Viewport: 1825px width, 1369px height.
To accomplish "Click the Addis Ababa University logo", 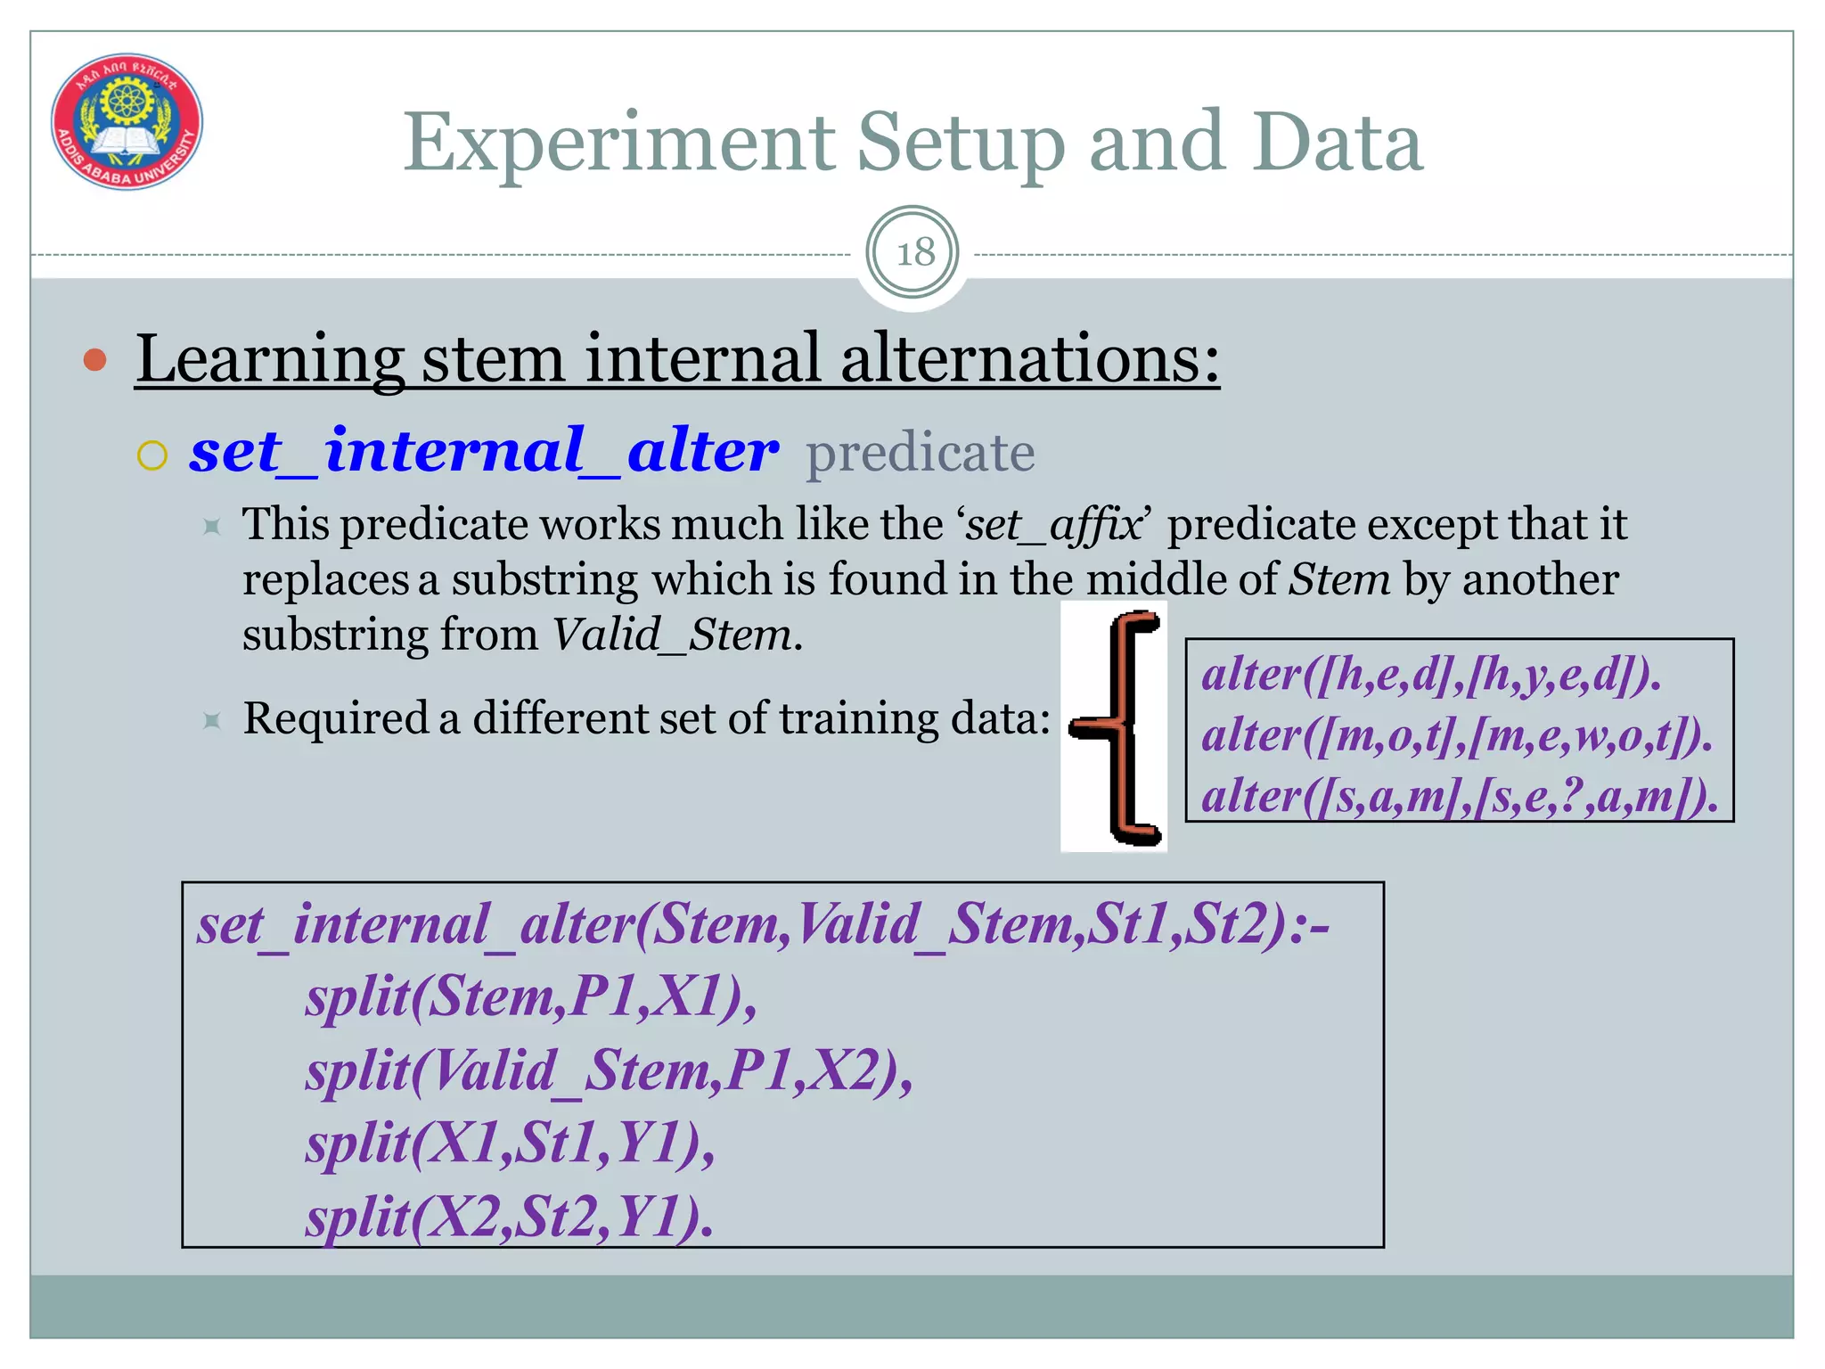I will point(127,121).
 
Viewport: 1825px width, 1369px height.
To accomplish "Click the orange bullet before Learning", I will point(94,360).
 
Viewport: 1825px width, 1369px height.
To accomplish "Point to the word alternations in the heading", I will point(1029,358).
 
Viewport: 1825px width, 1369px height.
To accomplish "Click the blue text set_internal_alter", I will point(484,451).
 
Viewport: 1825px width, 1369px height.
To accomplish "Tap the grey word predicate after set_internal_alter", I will point(920,453).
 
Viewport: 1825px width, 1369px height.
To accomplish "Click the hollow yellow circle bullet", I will point(152,455).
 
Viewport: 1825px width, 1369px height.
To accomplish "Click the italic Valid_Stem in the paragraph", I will point(671,635).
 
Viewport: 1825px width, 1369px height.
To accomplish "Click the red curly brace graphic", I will point(1116,726).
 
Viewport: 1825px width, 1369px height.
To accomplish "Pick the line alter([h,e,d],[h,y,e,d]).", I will point(1431,674).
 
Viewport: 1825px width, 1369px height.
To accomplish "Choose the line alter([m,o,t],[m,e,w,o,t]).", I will point(1457,735).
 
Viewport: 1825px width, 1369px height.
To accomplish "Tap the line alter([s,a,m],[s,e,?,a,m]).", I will point(1460,796).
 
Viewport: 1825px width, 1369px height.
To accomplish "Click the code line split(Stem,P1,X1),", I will point(531,996).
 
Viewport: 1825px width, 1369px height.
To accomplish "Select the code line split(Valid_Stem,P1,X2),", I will point(610,1070).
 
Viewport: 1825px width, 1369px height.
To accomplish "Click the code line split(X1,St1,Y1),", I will point(511,1143).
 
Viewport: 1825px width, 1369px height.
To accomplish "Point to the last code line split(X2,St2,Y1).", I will point(510,1217).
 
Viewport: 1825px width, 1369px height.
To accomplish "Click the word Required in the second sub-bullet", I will point(336,718).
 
